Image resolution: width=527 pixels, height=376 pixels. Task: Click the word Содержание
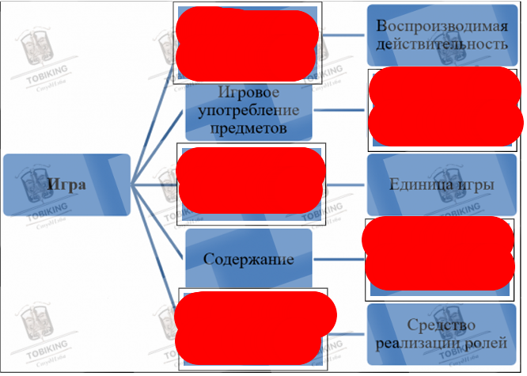(x=248, y=259)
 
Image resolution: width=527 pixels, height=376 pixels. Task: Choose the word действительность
(x=442, y=45)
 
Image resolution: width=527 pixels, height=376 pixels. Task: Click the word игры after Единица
(x=476, y=185)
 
